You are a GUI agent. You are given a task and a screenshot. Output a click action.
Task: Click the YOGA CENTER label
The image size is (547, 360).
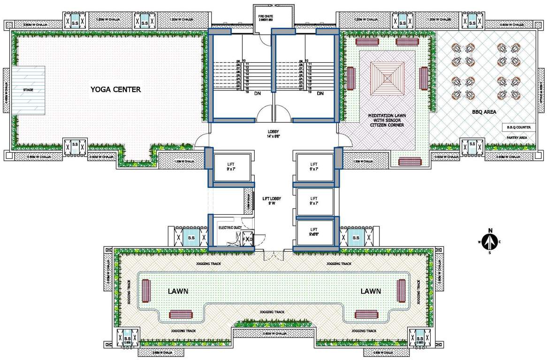(115, 90)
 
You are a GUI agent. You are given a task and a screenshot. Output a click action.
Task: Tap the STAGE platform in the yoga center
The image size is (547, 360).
(29, 90)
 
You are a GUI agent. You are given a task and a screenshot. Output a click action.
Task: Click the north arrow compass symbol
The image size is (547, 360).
(490, 241)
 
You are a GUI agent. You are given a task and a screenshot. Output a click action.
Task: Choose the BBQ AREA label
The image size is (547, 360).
(484, 112)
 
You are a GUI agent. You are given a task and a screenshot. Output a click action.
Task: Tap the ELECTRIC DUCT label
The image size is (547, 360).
(229, 228)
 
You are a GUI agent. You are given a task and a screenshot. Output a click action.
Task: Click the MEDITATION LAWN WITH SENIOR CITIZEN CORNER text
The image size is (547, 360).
(387, 120)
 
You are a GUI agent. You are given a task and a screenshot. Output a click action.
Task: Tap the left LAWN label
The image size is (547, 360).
(178, 291)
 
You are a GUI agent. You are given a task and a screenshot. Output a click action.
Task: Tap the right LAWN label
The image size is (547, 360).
(371, 291)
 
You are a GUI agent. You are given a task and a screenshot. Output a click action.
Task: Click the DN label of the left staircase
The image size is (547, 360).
(258, 94)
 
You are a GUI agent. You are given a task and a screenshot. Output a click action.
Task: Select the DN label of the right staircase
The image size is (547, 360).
(320, 94)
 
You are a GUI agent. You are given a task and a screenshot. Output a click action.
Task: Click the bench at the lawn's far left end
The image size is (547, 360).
(145, 291)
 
